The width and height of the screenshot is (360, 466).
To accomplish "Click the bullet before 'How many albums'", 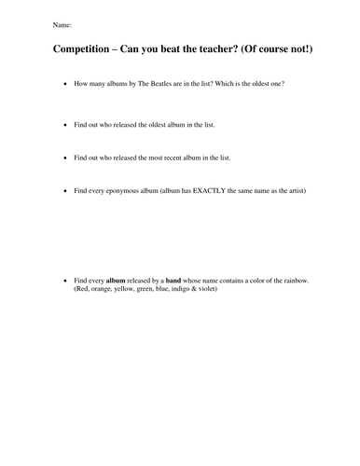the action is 62,84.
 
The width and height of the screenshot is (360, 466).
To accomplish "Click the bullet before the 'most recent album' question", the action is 62,158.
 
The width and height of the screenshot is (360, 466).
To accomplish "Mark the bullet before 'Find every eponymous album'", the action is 62,191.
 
